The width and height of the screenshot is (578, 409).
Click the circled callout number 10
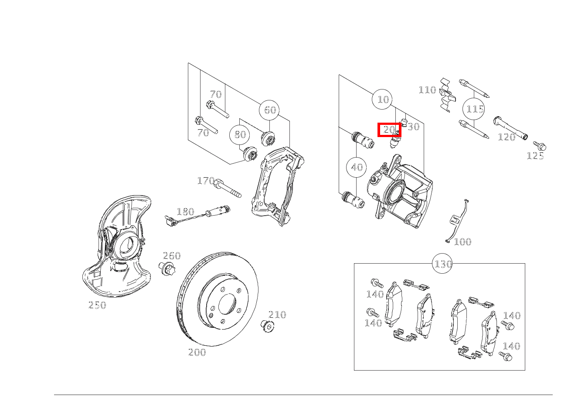[382, 100]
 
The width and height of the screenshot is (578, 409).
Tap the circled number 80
[240, 134]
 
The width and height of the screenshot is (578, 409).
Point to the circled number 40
[357, 167]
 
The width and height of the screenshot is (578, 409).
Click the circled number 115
[474, 109]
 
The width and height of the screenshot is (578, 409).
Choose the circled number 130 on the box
[443, 264]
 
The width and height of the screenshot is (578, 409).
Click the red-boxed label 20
[389, 130]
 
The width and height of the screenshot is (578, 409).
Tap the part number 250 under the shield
[97, 306]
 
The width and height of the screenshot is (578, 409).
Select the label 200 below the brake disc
[197, 352]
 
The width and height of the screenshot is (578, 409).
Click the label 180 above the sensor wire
[185, 212]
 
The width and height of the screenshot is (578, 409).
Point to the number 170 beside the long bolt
[205, 181]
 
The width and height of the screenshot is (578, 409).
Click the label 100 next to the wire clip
[462, 242]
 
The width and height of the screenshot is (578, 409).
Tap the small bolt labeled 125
[540, 146]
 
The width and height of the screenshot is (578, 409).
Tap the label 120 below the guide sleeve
[506, 137]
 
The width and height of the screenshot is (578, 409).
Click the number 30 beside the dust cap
[413, 127]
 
